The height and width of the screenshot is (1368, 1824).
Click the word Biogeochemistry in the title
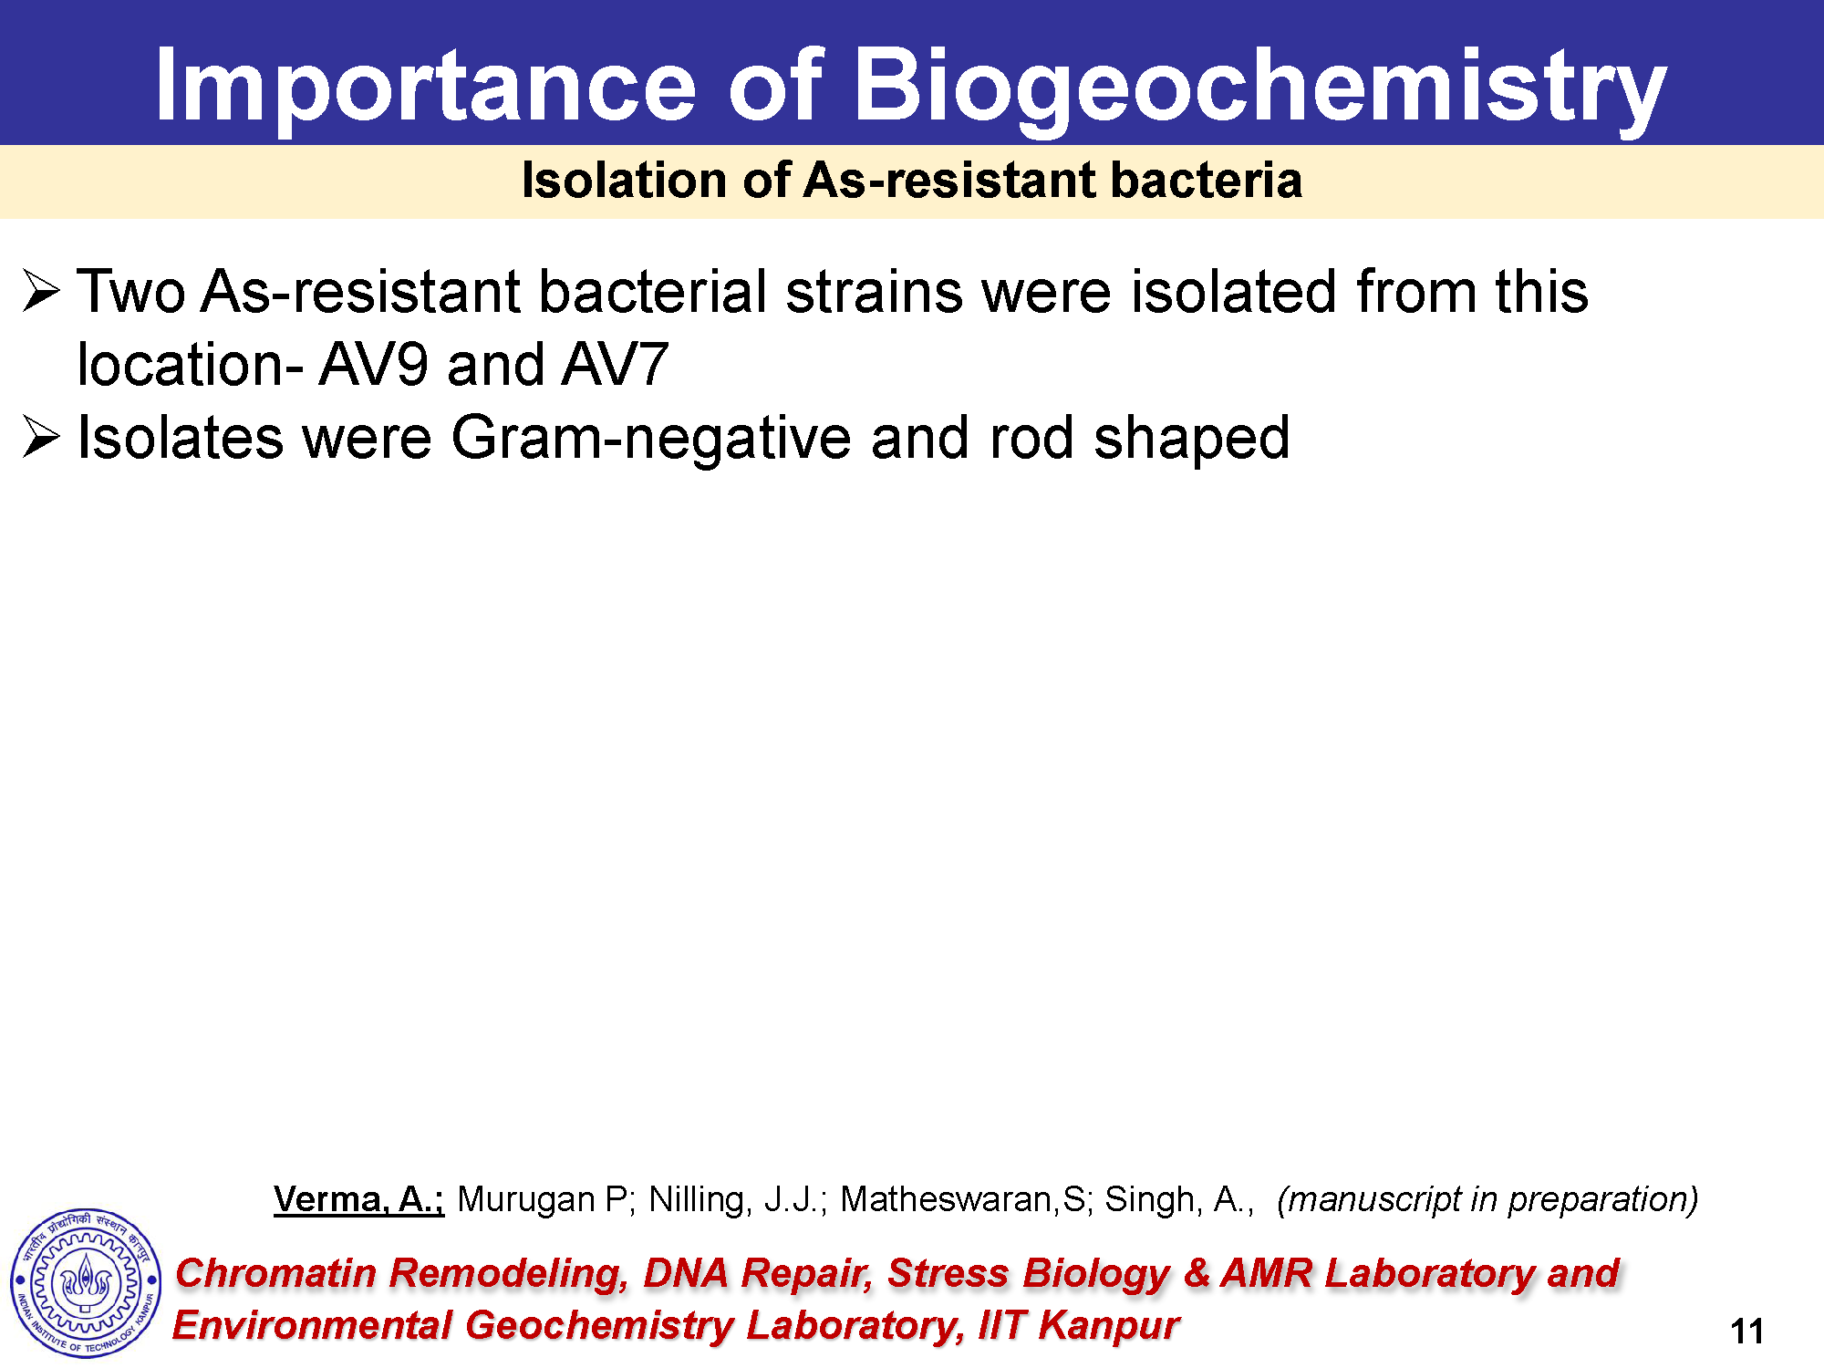click(x=1259, y=87)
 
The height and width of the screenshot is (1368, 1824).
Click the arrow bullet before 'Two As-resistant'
click(x=41, y=291)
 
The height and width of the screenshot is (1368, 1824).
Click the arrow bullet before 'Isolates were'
click(x=41, y=437)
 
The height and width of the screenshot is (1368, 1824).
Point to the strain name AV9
click(x=373, y=365)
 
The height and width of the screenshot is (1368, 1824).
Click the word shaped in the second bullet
click(x=1191, y=440)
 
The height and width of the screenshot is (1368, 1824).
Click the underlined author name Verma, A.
click(x=358, y=1199)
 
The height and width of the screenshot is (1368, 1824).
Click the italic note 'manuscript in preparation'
click(x=1487, y=1199)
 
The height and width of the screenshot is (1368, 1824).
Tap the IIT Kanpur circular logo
click(x=86, y=1282)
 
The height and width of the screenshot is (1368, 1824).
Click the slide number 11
click(x=1746, y=1332)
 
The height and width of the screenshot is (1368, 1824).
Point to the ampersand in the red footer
click(x=1196, y=1273)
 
